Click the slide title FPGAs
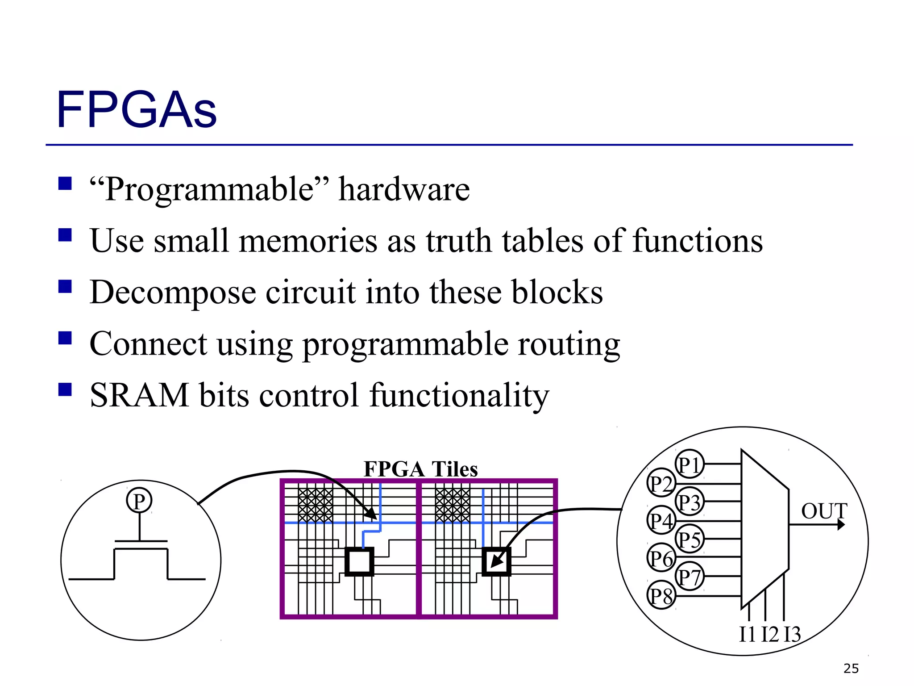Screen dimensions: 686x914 tap(136, 110)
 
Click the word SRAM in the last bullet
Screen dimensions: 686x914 tap(139, 396)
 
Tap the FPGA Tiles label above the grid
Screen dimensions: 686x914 tap(420, 469)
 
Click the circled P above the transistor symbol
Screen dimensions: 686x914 tap(139, 501)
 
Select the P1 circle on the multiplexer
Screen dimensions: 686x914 tap(689, 464)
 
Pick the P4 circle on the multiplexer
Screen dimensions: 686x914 tap(661, 521)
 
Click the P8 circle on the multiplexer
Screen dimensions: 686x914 tap(661, 596)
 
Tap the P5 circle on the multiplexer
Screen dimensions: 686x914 tap(689, 539)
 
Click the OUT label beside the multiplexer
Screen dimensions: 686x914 tap(824, 511)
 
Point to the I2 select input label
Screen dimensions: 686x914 tap(769, 634)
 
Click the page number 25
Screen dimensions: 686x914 tap(851, 669)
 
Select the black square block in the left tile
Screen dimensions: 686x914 tap(359, 561)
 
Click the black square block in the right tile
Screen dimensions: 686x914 tap(496, 561)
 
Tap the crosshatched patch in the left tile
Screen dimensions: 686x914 tap(316, 505)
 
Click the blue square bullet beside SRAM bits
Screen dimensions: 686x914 tap(65, 389)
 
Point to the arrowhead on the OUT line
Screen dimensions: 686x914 tap(841, 524)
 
